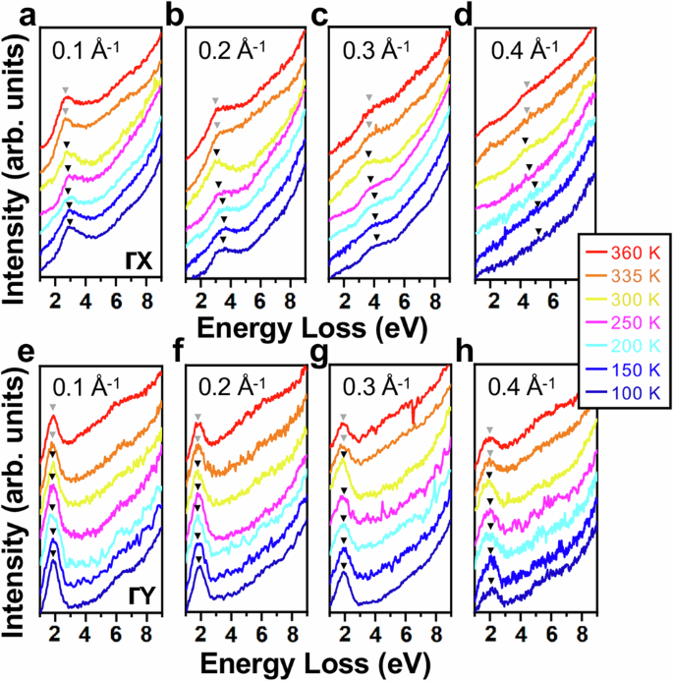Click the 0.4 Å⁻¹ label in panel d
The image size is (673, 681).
tap(521, 48)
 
